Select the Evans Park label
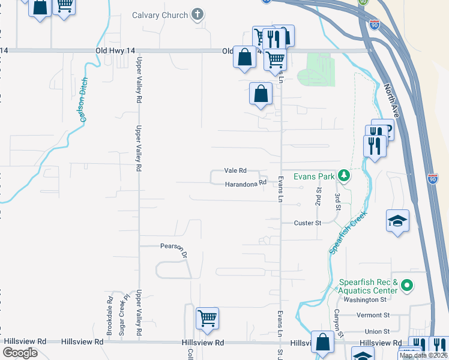point(313,176)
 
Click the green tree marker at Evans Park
point(343,176)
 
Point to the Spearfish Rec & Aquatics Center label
point(368,286)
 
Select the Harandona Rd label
point(245,184)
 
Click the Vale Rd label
point(235,171)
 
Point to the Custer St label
point(308,223)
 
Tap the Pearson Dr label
point(173,249)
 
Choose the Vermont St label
point(373,315)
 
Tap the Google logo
point(20,353)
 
